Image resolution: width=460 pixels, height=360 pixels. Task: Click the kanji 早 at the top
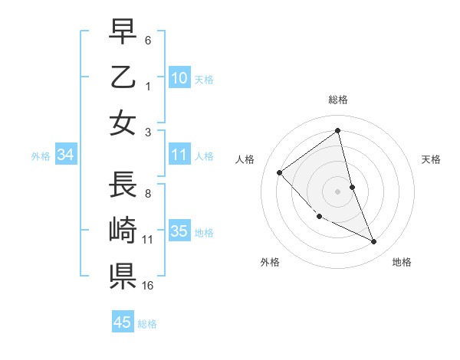123,32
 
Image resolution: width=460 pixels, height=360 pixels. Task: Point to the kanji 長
123,185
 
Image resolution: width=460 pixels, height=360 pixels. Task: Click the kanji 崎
123,231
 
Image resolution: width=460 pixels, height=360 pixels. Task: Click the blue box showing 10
179,77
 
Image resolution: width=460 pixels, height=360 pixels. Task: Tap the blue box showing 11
179,155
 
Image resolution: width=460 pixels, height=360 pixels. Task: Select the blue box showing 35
179,231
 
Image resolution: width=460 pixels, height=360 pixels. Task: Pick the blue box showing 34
66,155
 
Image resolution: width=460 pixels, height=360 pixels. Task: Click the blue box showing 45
123,322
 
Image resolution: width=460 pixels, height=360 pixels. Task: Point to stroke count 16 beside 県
149,286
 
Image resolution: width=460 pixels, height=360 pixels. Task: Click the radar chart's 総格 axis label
338,100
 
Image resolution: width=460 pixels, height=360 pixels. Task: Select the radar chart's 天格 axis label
432,159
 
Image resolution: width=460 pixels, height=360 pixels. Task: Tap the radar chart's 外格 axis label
270,262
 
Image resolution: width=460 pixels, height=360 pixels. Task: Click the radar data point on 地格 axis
374,242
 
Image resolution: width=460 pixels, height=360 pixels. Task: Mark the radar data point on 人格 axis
280,172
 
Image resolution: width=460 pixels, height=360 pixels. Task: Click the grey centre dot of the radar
338,191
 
